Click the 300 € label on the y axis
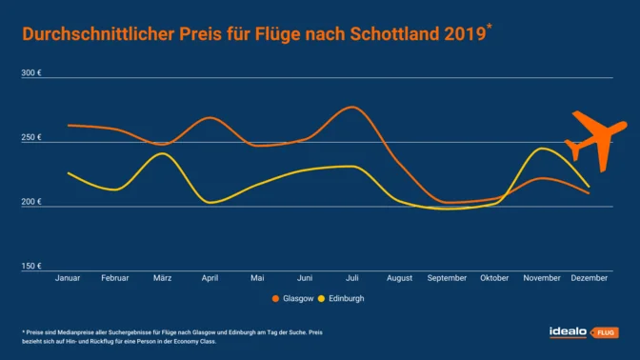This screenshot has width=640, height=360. tap(32, 72)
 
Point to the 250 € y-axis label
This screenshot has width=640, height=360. tap(32, 137)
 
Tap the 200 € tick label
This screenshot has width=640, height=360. tap(32, 202)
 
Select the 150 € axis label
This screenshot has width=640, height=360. tap(32, 266)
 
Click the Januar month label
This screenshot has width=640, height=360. tap(68, 278)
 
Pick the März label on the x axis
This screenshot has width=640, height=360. tap(162, 278)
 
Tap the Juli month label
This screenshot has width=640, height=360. tap(352, 278)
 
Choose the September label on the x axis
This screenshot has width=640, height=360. tap(447, 278)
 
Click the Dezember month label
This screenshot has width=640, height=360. tap(590, 278)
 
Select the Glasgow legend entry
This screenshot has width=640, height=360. tap(294, 298)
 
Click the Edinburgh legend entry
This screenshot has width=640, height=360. tap(344, 298)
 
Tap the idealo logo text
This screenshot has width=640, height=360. tap(569, 331)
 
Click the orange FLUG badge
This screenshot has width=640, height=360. tap(605, 332)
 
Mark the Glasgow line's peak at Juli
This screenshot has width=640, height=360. tap(352, 107)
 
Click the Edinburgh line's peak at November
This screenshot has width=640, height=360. tap(541, 148)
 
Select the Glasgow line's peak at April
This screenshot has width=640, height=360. tap(210, 117)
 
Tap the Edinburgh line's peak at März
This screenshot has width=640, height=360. tap(162, 153)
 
